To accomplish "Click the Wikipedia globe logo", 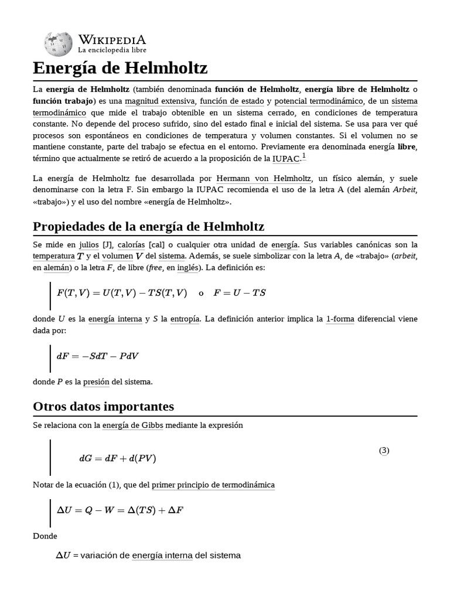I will [x=58, y=44].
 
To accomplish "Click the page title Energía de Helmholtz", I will [x=120, y=69].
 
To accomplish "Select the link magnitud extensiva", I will [x=159, y=101].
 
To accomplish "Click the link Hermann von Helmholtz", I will [x=263, y=178].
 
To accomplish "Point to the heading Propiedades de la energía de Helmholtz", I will [x=149, y=226].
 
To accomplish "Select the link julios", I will [x=89, y=244].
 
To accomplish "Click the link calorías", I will [x=133, y=244].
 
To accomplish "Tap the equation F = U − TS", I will [x=240, y=293].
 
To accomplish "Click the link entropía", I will [x=185, y=319].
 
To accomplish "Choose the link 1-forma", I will [x=340, y=319].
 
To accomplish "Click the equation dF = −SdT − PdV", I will [x=97, y=356].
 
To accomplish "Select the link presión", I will [x=96, y=382].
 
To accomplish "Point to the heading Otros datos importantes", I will [x=104, y=406].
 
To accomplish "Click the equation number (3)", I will [x=384, y=451].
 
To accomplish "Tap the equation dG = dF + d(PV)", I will [x=117, y=458].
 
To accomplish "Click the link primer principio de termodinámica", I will [x=213, y=485].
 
